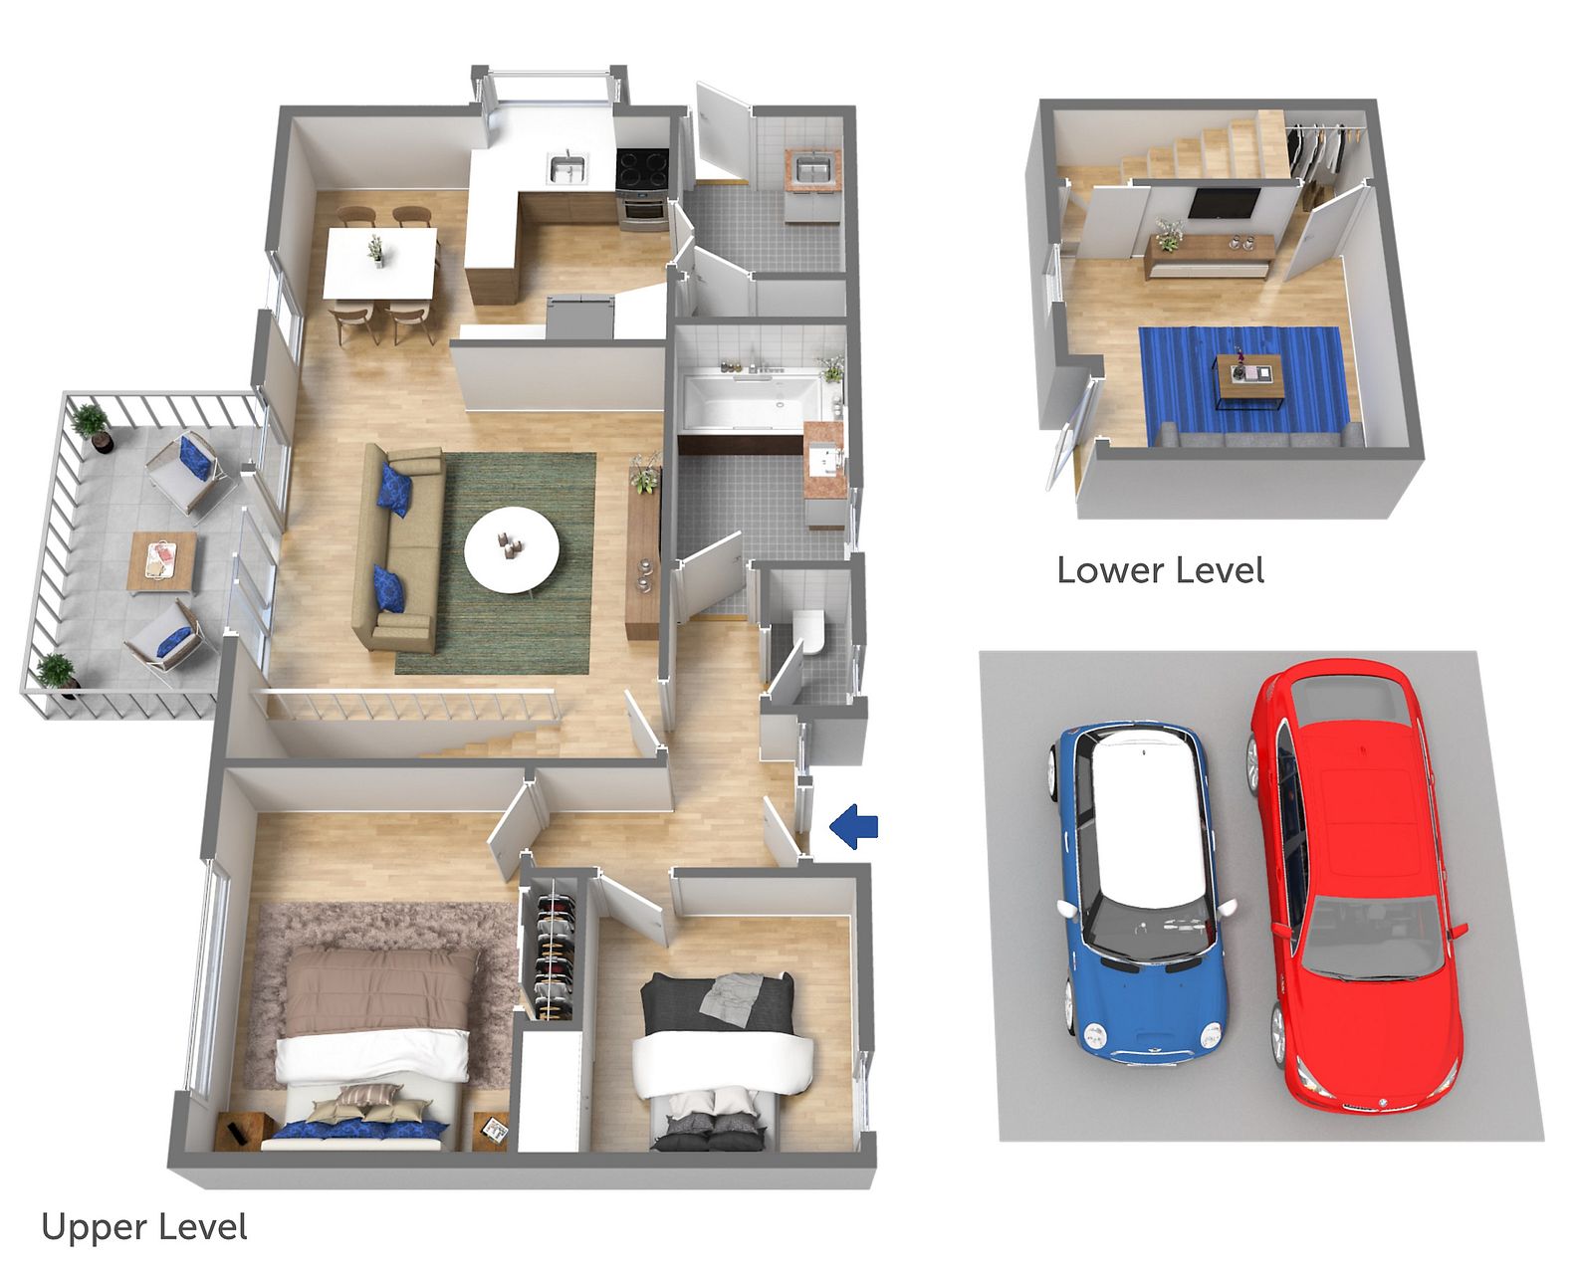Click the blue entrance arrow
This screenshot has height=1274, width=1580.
click(x=854, y=826)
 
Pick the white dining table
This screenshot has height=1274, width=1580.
click(x=380, y=263)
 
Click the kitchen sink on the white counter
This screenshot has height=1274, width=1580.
click(x=568, y=168)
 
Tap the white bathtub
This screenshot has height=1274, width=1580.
click(x=754, y=402)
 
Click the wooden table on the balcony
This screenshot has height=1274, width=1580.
click(x=162, y=561)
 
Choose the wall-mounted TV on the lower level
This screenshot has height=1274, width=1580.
click(x=1224, y=203)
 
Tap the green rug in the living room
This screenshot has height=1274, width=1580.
click(x=497, y=563)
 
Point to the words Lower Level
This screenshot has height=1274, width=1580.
click(x=1161, y=570)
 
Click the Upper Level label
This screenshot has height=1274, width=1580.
click(x=144, y=1227)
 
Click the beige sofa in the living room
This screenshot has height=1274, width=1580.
click(x=398, y=548)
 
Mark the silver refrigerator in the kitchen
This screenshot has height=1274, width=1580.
click(x=580, y=316)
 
